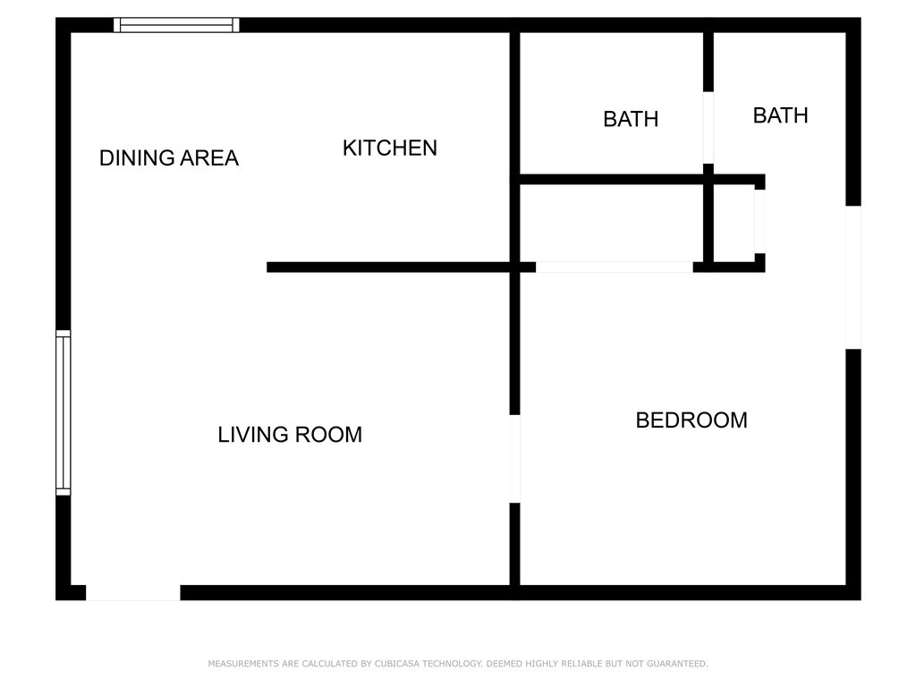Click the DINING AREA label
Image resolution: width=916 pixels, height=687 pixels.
tap(168, 158)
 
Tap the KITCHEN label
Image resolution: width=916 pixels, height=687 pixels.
tap(390, 148)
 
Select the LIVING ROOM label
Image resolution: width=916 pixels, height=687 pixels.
tap(290, 435)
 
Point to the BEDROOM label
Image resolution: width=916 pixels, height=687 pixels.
tap(691, 420)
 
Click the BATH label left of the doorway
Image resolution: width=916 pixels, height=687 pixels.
tap(631, 119)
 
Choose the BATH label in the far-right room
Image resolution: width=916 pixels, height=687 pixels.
tap(780, 115)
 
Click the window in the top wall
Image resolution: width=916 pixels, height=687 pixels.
tap(176, 25)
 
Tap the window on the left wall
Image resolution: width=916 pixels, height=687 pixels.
tap(63, 412)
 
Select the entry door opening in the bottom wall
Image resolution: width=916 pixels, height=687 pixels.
tap(132, 592)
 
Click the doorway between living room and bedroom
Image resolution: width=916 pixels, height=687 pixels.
tap(514, 459)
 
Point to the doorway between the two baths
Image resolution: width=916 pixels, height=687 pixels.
tap(708, 127)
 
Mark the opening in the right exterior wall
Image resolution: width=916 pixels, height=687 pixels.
tap(853, 277)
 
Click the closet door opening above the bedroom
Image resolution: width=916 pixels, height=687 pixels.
tap(614, 267)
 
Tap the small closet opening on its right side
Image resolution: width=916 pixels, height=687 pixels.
tap(759, 221)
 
